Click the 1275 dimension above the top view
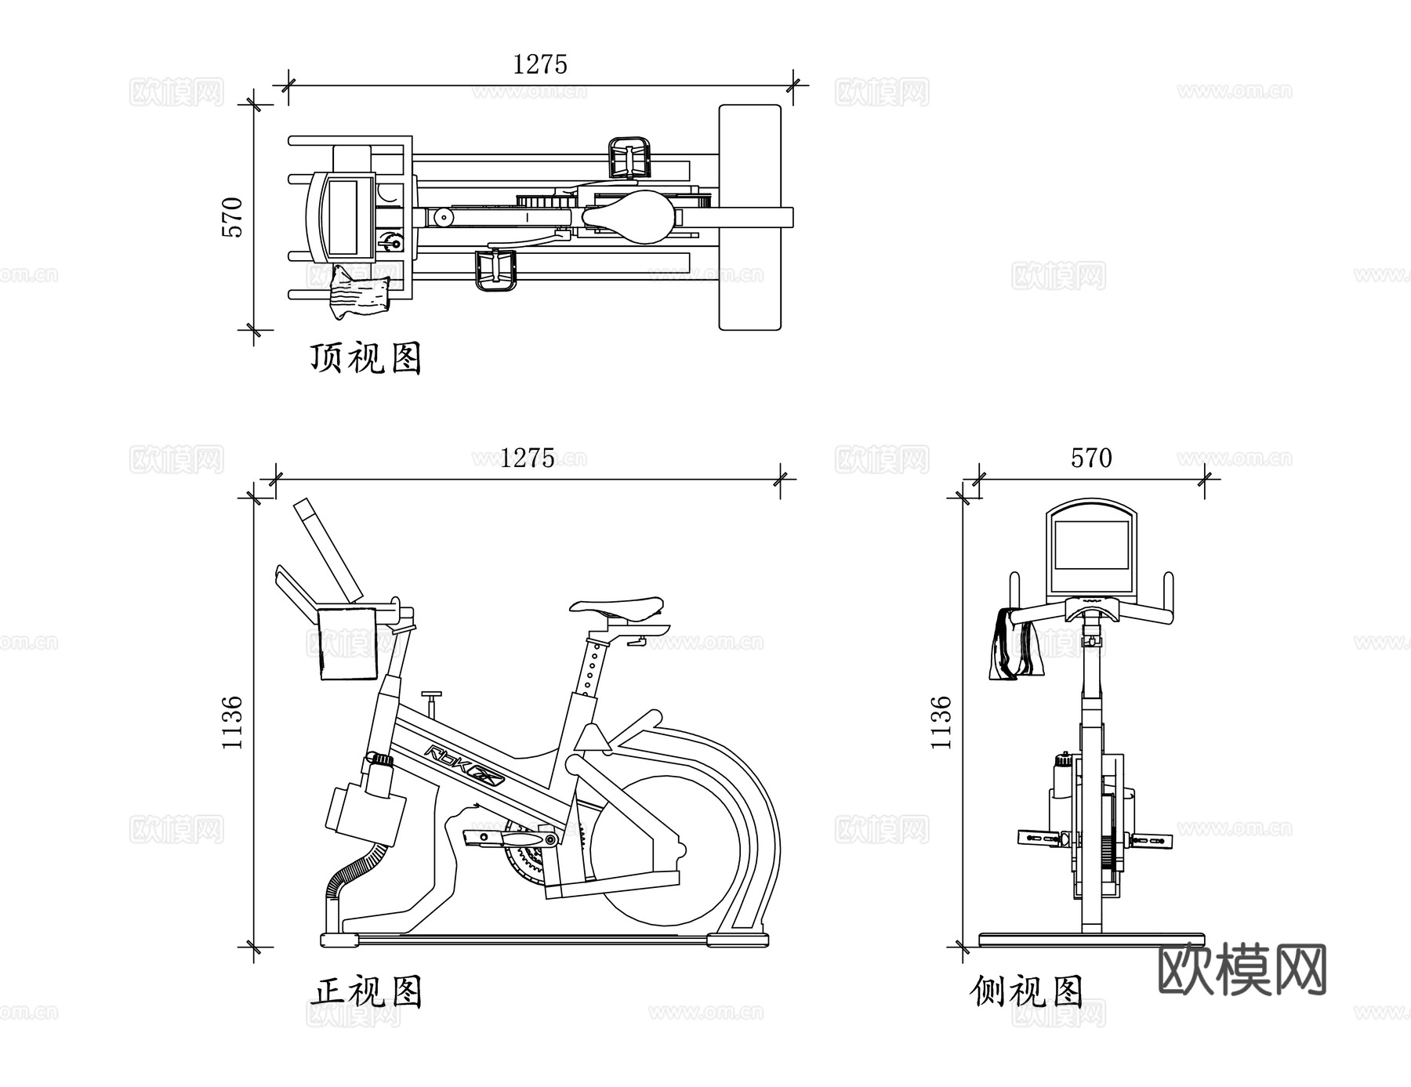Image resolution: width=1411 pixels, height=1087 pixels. [x=539, y=64]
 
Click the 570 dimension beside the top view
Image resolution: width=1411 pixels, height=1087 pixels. [x=233, y=217]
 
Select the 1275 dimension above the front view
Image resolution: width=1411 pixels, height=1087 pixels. [x=527, y=458]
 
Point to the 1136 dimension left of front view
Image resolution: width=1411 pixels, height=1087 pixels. [x=233, y=722]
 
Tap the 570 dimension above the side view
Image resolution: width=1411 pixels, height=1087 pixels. [x=1091, y=458]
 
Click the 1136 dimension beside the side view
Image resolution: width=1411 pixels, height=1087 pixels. [x=941, y=722]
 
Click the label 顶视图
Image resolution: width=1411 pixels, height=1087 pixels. [x=365, y=358]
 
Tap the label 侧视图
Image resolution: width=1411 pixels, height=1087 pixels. [x=1026, y=991]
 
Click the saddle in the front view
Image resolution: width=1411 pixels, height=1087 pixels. [x=617, y=606]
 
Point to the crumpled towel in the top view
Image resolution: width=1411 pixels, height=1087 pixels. [x=359, y=293]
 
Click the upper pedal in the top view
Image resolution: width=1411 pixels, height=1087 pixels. [x=629, y=157]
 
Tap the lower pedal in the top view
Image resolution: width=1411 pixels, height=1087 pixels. [x=495, y=270]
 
